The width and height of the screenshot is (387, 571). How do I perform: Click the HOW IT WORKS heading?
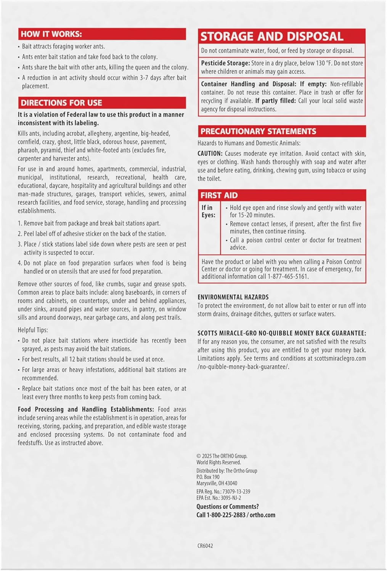(x=51, y=34)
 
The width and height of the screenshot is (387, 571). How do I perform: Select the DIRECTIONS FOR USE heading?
(x=61, y=103)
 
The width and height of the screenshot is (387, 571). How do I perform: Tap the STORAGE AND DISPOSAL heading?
(x=272, y=37)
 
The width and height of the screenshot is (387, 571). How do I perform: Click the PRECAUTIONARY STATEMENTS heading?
(x=258, y=131)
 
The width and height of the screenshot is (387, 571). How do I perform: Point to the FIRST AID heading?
(x=219, y=195)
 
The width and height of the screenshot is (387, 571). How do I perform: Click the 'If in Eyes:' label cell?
(x=209, y=211)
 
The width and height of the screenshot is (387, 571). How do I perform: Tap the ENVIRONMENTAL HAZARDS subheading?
(x=233, y=297)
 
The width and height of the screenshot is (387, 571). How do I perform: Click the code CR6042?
(x=205, y=545)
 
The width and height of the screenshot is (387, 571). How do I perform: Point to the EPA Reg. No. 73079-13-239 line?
(x=223, y=491)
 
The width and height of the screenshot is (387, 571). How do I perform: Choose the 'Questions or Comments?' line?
(x=228, y=507)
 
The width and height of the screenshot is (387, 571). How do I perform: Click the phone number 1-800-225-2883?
(x=226, y=515)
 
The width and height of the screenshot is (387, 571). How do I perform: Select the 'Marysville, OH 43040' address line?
(x=217, y=483)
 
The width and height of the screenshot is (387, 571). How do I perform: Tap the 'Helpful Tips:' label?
(x=33, y=330)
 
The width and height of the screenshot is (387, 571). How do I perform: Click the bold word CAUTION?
(x=210, y=153)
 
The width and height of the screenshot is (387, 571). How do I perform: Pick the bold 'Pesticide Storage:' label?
(x=225, y=63)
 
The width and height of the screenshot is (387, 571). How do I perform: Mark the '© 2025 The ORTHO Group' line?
(x=222, y=456)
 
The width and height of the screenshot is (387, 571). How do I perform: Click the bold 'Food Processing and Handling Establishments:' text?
(x=86, y=409)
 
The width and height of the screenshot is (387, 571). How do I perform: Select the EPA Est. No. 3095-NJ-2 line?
(x=218, y=498)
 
